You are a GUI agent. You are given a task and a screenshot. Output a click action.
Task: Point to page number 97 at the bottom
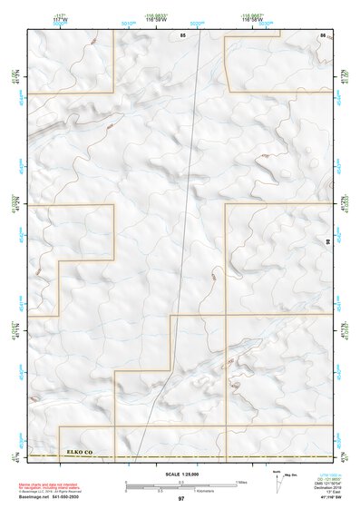181,499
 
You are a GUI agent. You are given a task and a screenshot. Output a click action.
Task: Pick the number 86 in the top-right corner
322,34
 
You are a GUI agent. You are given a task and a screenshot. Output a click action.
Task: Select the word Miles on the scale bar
242,481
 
